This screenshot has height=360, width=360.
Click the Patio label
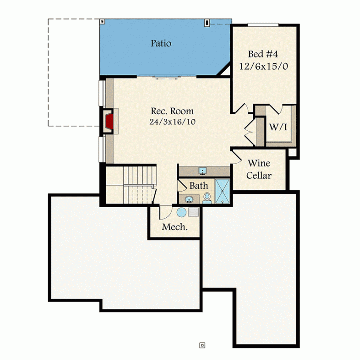point(161,43)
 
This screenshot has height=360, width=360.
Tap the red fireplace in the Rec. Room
point(110,121)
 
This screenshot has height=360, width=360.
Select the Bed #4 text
point(263,54)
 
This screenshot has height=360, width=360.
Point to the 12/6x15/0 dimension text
point(264,66)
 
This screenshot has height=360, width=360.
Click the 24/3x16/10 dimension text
point(172,122)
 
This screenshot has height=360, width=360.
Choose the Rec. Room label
point(172,111)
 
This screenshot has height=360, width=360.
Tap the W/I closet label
point(278,127)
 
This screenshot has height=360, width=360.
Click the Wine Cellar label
point(259,169)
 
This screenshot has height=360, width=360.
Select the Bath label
point(199,185)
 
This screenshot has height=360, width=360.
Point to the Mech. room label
point(175,227)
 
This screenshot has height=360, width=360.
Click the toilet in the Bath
point(207,198)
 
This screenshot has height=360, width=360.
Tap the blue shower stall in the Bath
point(222,191)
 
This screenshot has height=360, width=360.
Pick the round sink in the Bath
point(189,199)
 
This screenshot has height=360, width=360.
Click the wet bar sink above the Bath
point(203,171)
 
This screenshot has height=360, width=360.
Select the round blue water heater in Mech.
point(181,212)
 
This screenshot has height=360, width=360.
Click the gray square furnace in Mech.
point(194,212)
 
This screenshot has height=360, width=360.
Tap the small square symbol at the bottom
point(202,345)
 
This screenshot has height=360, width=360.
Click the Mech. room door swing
point(166,213)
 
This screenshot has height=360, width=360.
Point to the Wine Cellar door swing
point(237,157)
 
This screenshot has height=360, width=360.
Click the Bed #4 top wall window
point(263,25)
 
